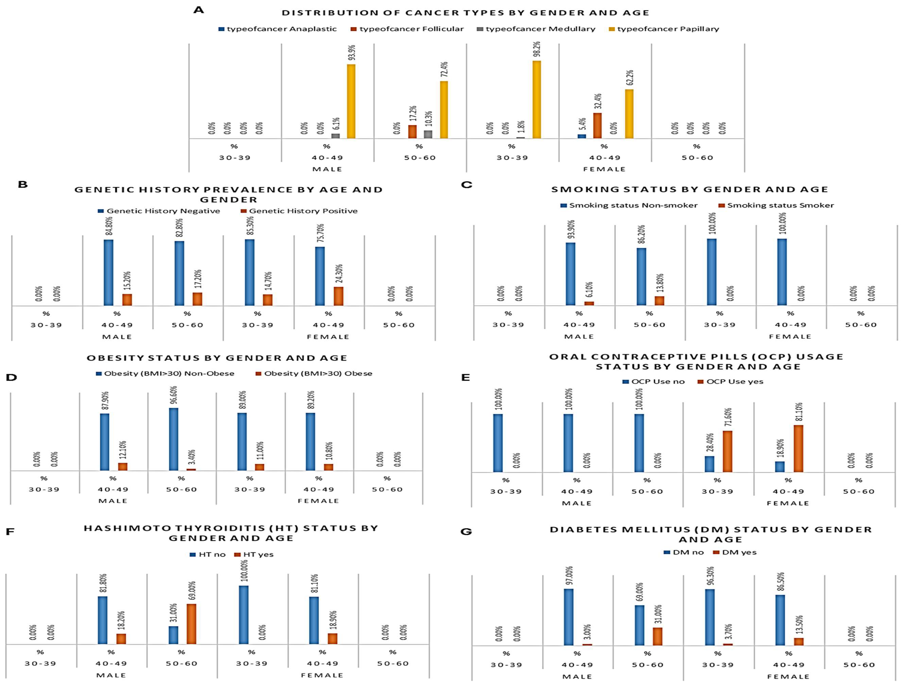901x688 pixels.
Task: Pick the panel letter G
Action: [466, 532]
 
